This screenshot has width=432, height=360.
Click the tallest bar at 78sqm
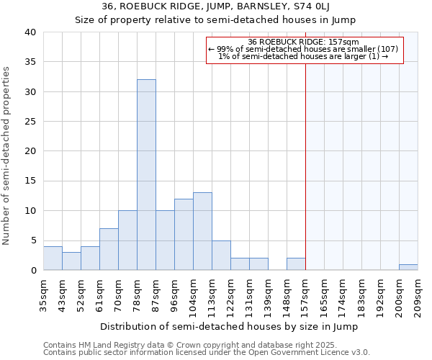pyautogui.click(x=146, y=175)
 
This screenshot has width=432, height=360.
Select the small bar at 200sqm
pyautogui.click(x=408, y=267)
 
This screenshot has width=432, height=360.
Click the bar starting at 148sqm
pyautogui.click(x=296, y=264)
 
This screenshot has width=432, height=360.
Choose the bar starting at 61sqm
pyautogui.click(x=109, y=249)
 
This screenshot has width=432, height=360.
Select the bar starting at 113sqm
pyautogui.click(x=221, y=256)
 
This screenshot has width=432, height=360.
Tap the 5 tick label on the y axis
pyautogui.click(x=32, y=240)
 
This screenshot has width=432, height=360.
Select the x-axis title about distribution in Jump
pyautogui.click(x=230, y=326)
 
